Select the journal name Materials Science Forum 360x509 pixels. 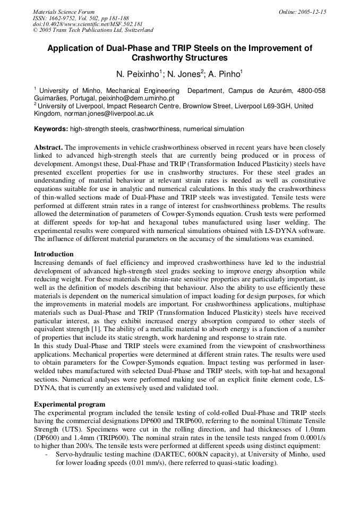64,12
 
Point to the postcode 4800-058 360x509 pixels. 310,91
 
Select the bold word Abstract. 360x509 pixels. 48,147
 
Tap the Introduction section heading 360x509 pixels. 54,254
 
